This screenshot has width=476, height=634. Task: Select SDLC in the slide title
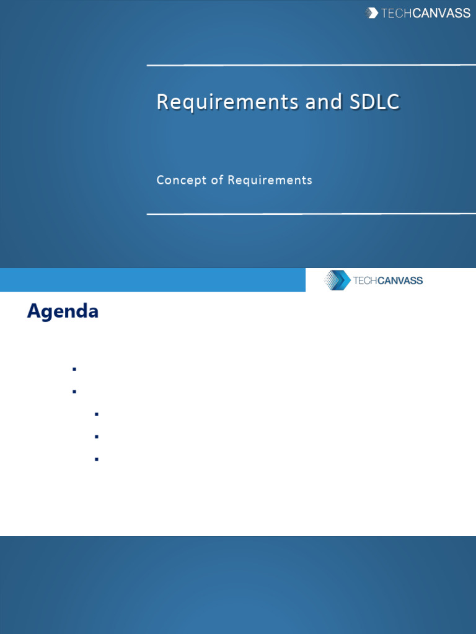(375, 102)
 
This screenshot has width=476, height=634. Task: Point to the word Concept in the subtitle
(179, 180)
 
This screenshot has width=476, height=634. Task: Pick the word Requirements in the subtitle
(270, 180)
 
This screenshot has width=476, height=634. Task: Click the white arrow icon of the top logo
(372, 12)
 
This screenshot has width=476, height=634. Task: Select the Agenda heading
(63, 311)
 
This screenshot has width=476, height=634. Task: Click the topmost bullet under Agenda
(74, 369)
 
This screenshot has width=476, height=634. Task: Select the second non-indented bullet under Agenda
(74, 392)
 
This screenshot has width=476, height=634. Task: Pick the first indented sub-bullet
(97, 414)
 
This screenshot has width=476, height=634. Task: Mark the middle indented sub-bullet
(97, 436)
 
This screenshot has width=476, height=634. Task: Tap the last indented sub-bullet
(97, 459)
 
